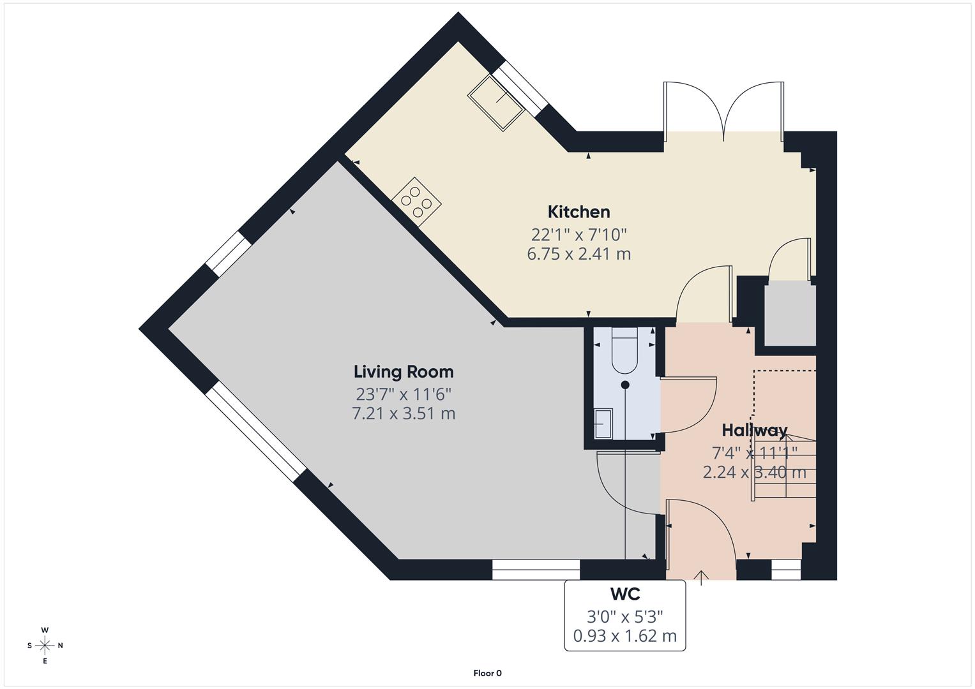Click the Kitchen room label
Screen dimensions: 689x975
tap(578, 212)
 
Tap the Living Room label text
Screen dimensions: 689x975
tap(404, 371)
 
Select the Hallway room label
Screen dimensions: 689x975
tap(754, 430)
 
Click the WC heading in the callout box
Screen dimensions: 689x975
tap(624, 594)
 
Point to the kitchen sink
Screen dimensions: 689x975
tap(496, 103)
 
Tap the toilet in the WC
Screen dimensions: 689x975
tap(624, 351)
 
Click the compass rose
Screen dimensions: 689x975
tap(45, 645)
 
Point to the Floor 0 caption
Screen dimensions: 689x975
tap(487, 673)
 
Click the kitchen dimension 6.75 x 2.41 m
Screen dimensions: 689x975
tap(578, 254)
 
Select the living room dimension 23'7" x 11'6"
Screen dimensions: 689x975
tap(404, 393)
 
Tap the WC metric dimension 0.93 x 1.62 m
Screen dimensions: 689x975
tap(624, 636)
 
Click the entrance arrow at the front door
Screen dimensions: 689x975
tap(701, 577)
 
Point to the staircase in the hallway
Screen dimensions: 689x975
tap(784, 466)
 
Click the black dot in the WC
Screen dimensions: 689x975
tap(625, 385)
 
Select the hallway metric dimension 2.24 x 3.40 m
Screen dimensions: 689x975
tap(754, 473)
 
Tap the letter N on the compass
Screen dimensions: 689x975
tap(61, 646)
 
